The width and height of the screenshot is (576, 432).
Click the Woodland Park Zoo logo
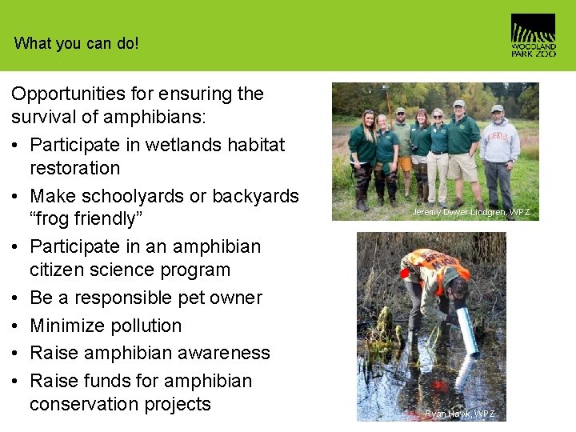click(x=533, y=35)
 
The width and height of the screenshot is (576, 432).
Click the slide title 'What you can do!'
click(x=76, y=43)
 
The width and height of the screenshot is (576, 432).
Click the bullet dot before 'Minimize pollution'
click(x=16, y=326)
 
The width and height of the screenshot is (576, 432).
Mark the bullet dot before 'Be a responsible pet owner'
click(x=16, y=298)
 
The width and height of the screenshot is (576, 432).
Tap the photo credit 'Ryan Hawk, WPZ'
click(x=460, y=414)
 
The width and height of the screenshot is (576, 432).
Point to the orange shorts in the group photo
click(x=405, y=164)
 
